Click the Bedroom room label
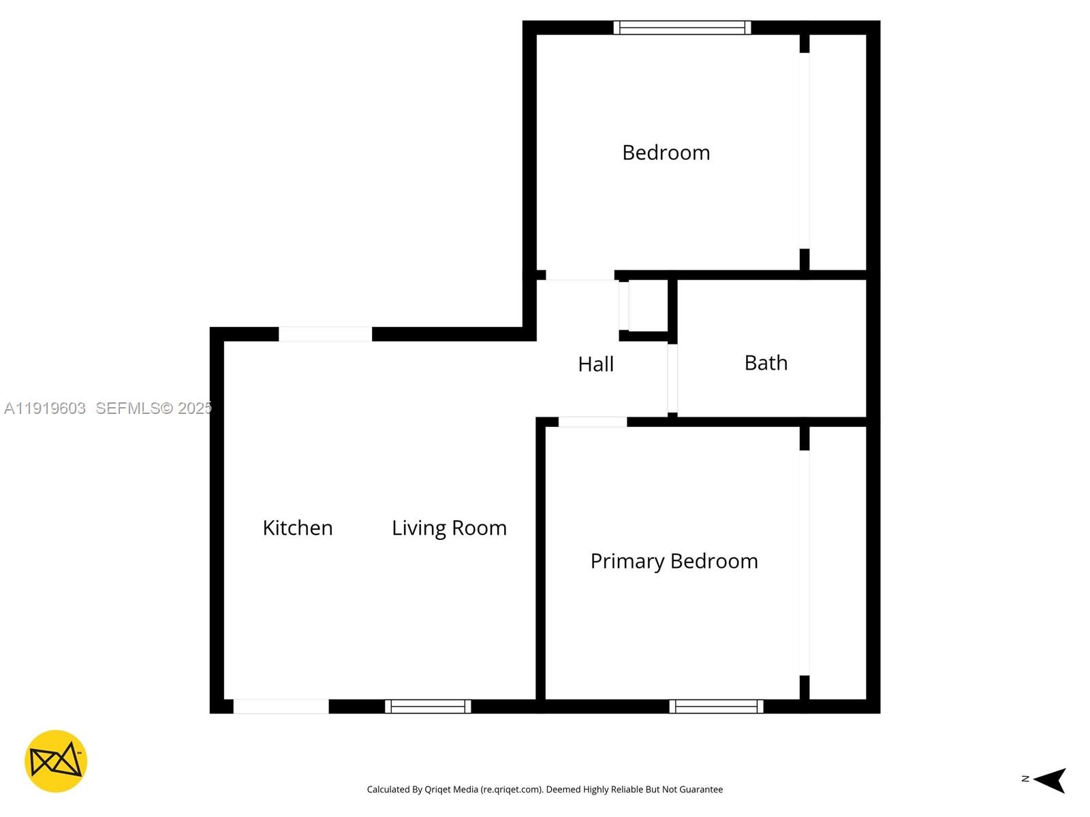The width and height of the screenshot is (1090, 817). point(666,153)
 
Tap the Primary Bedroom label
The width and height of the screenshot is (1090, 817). point(674,561)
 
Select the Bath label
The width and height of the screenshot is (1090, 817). point(766,363)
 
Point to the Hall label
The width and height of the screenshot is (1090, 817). point(595,364)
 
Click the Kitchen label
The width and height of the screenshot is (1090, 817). point(298,528)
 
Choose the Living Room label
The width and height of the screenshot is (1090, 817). point(449,528)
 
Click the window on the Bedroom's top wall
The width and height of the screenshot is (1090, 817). point(682,28)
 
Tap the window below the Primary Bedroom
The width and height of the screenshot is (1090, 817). point(716,707)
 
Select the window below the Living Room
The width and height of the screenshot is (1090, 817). point(428,707)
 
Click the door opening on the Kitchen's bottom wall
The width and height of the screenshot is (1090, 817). point(281,707)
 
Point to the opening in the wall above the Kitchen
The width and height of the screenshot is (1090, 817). point(325,334)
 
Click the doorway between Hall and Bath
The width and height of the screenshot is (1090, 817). point(672,379)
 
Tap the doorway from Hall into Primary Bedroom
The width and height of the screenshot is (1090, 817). point(592,422)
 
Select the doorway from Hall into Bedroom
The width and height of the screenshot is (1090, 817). point(580,276)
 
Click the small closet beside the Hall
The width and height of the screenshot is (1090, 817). point(647,306)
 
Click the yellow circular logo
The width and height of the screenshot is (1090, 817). point(56,761)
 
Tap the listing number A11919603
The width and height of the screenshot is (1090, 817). point(45,408)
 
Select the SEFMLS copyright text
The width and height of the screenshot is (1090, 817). point(153,408)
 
